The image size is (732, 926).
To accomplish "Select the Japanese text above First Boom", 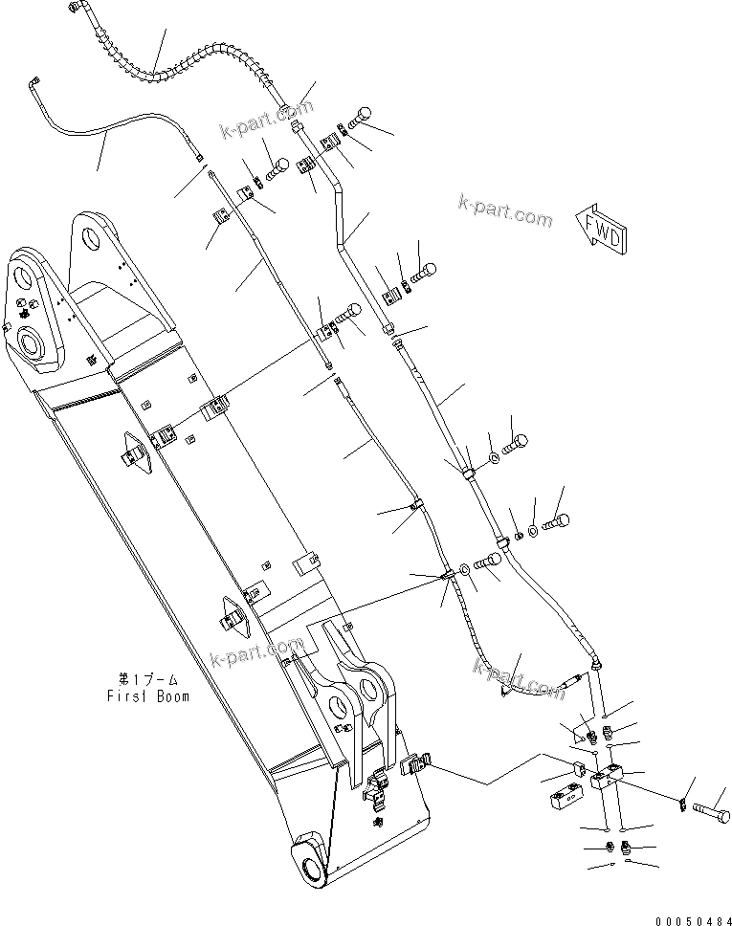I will pyautogui.click(x=152, y=679).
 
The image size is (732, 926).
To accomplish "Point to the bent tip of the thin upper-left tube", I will pyautogui.click(x=34, y=80).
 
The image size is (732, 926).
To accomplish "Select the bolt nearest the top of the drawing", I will pyautogui.click(x=364, y=114).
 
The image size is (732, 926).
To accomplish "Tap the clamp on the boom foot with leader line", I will pyautogui.click(x=413, y=764).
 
